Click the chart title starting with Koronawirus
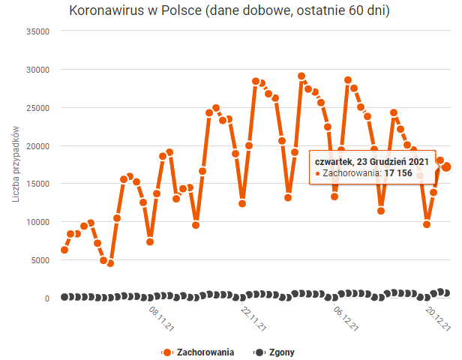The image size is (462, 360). tap(229, 11)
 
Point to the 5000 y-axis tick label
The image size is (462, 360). tap(40, 260)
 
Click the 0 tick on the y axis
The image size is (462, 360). tap(46, 298)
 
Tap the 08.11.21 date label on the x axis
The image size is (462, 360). tap(162, 317)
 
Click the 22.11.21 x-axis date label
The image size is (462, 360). tap(253, 317)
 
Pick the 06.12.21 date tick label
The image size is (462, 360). tap(345, 317)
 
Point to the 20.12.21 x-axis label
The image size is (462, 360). tap(437, 317)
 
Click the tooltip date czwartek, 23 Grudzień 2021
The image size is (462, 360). tap(372, 160)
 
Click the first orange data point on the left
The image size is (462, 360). tap(64, 250)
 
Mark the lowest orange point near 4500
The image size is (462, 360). tap(110, 263)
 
